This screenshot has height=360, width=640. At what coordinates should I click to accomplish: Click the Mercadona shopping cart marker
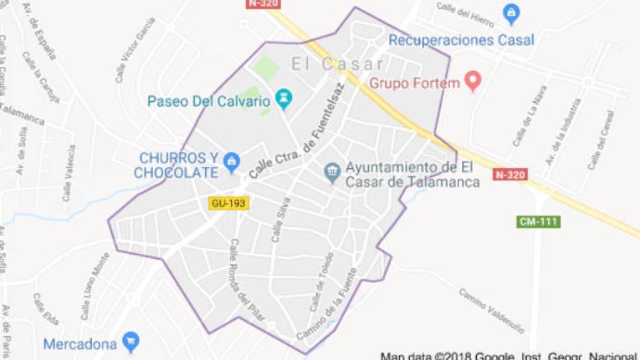pos(131,342)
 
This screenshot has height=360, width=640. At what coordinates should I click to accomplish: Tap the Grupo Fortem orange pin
pos(473,81)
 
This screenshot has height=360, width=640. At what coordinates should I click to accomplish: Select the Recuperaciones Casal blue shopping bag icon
pos(511,14)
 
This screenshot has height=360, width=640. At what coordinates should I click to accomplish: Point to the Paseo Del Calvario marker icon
pos(284,99)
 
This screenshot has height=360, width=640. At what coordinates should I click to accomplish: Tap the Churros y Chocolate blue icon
pos(232,162)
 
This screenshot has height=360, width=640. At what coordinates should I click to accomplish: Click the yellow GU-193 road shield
pos(229,202)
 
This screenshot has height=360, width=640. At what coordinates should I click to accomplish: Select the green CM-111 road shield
pos(539,221)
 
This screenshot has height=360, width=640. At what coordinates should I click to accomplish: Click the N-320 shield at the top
pos(263,4)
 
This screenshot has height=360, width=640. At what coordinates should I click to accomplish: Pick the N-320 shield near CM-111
pos(510,174)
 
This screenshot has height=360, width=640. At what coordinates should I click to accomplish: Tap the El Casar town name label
pos(337,64)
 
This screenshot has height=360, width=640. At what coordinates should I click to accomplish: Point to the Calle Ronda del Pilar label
pos(244,272)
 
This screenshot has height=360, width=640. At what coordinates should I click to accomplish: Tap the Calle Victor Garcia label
pos(134,49)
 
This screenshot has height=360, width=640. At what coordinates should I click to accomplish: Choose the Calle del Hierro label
pos(465,14)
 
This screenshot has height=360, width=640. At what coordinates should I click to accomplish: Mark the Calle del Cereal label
pos(601,139)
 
